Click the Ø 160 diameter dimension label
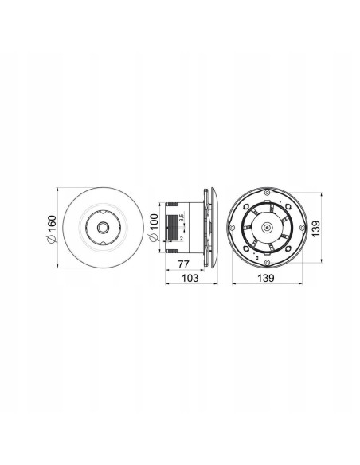[51, 229]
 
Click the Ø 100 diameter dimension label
[154, 228]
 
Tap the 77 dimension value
[184, 264]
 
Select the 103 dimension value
[190, 278]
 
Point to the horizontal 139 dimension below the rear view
[266, 278]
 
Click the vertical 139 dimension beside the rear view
[316, 228]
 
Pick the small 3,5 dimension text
[182, 217]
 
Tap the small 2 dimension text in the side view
[181, 238]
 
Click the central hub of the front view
[104, 228]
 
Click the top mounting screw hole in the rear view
[267, 193]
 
